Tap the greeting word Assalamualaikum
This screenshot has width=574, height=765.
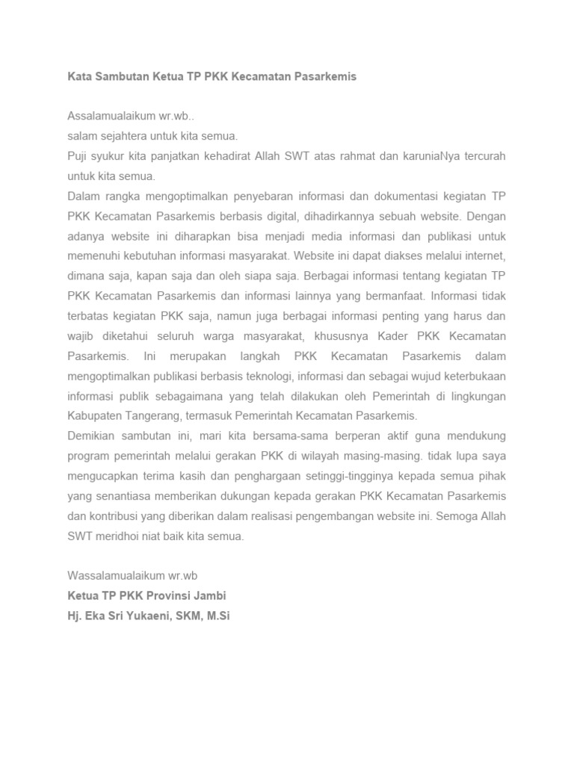(111, 117)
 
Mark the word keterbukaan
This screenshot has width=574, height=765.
(468, 375)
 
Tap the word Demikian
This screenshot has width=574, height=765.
(93, 436)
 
